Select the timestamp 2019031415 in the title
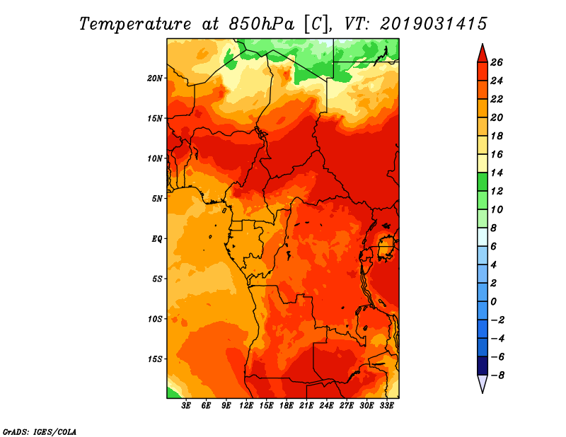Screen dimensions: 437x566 433,23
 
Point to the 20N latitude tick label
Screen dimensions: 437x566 156,78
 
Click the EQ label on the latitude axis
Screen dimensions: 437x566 157,238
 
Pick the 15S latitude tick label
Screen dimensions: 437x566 156,359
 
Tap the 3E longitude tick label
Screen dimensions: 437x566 187,405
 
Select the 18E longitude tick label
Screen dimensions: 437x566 287,405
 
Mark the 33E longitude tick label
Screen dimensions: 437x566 386,405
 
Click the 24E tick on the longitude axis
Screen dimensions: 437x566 327,405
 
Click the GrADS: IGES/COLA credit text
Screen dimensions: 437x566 39,431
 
